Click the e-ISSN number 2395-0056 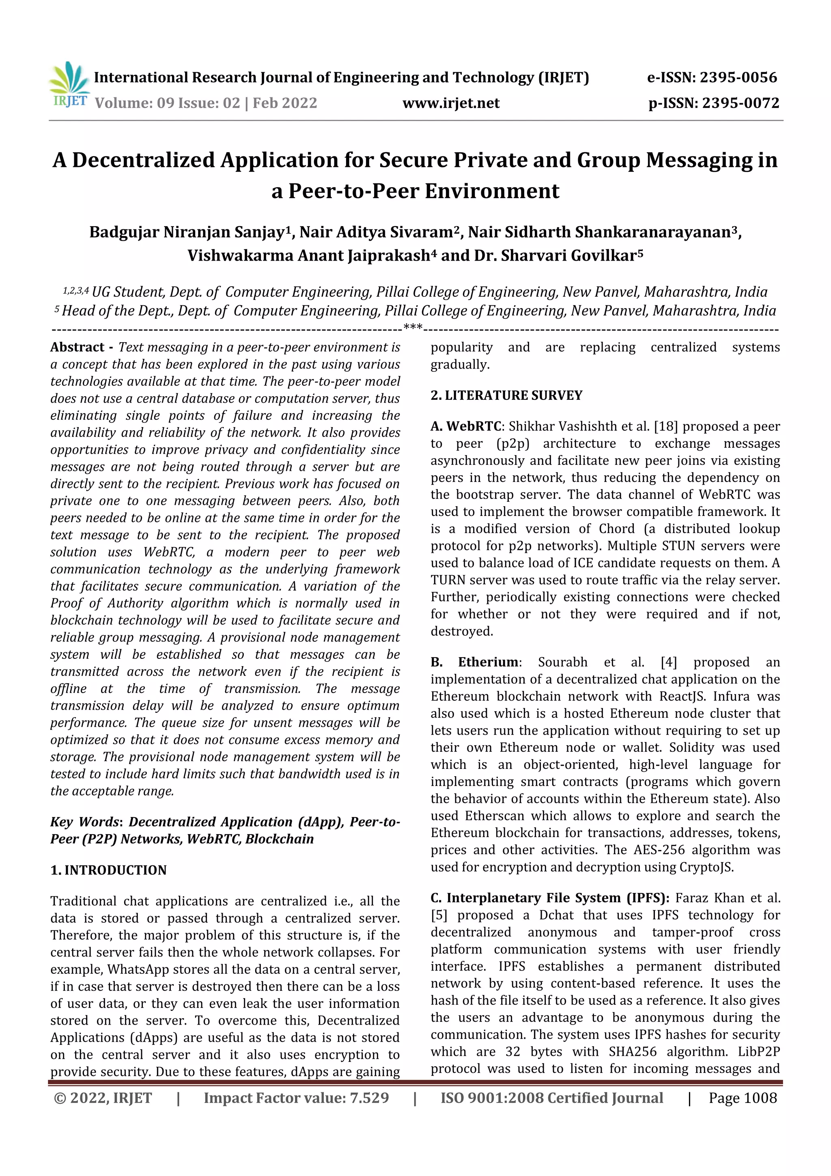tap(738, 78)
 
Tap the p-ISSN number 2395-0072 tap(740, 103)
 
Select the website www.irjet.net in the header tap(450, 103)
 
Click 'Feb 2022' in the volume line tap(285, 103)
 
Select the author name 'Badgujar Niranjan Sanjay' tap(186, 232)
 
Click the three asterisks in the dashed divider tap(413, 326)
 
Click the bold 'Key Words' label tap(84, 822)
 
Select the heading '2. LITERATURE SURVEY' tap(506, 395)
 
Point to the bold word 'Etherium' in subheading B tap(488, 662)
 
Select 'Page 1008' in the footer tap(743, 1098)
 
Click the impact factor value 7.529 tap(369, 1098)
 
